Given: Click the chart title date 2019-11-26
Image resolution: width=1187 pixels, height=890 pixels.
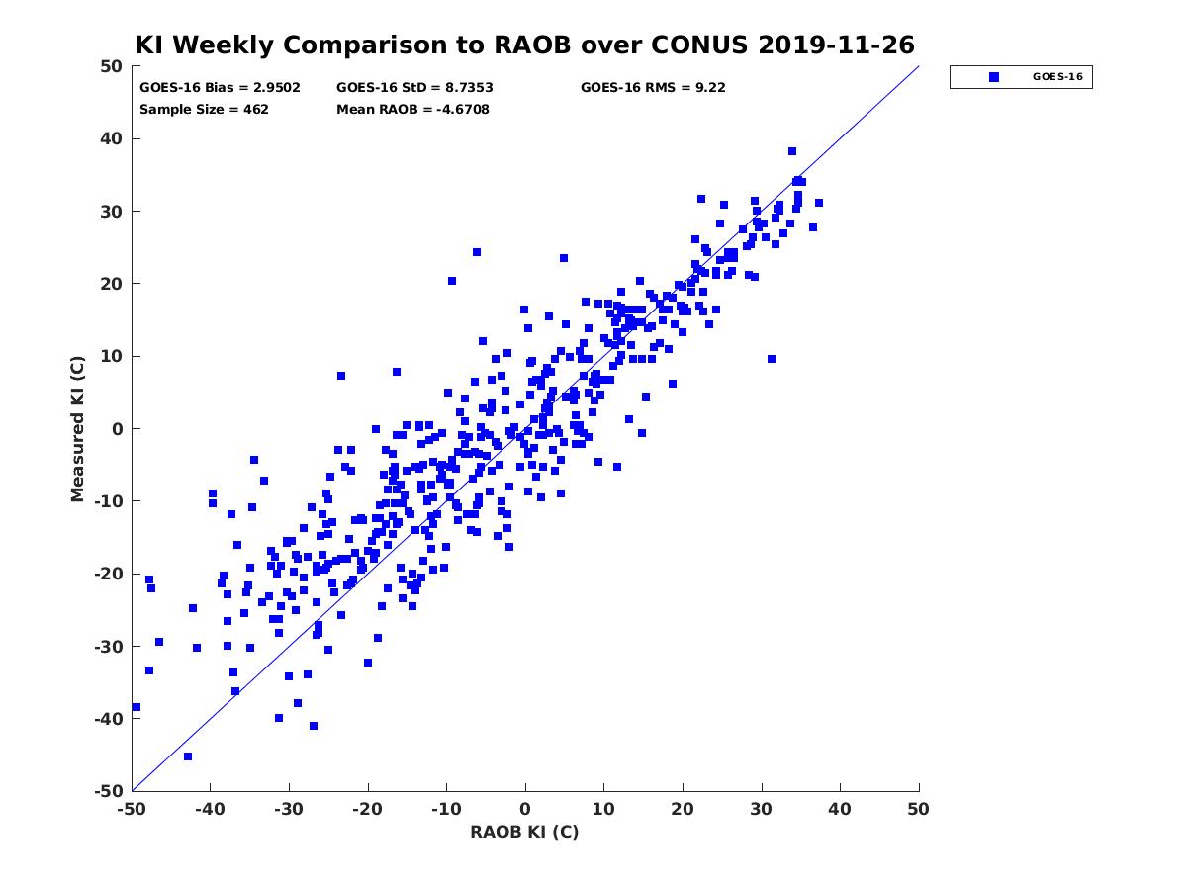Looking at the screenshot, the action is coord(836,44).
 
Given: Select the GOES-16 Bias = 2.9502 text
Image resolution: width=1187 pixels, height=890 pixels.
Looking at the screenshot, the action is coord(220,88).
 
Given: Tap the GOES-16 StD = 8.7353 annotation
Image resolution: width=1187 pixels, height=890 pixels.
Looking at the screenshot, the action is coord(414,88).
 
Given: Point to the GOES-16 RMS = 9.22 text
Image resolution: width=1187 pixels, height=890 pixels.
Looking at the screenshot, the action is coord(653,88).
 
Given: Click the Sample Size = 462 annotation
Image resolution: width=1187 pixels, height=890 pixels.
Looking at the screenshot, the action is coord(204,110).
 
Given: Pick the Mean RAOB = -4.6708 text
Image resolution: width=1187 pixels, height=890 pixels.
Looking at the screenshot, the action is coord(412,110).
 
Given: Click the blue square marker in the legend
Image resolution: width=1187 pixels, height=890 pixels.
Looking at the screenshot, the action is coord(994,77).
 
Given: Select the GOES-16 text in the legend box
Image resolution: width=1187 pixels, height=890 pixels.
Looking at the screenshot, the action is coord(1057,77).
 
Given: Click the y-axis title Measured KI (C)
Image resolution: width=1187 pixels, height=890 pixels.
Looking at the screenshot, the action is coord(77,428).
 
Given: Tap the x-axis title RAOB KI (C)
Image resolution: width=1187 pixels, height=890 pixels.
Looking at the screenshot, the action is coord(524,832).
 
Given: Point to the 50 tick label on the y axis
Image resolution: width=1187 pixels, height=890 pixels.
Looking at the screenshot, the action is coord(112,66).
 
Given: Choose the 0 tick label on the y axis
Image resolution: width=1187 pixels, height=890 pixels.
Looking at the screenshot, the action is coord(118,429).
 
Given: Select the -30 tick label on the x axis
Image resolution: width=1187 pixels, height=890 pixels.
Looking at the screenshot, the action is coord(289,809).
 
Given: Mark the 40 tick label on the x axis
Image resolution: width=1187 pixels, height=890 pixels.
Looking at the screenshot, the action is coord(840,809).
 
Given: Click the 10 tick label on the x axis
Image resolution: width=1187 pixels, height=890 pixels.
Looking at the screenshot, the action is coord(603,809).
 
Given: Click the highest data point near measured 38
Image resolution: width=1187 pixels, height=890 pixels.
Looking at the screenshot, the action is coord(792,151).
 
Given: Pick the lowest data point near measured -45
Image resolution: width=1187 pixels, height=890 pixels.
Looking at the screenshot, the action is coord(188,756).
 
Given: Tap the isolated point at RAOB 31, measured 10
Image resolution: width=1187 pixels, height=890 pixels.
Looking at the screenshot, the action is coord(772,359).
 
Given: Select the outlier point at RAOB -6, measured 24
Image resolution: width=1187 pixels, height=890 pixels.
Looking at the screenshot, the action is coord(477,252).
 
